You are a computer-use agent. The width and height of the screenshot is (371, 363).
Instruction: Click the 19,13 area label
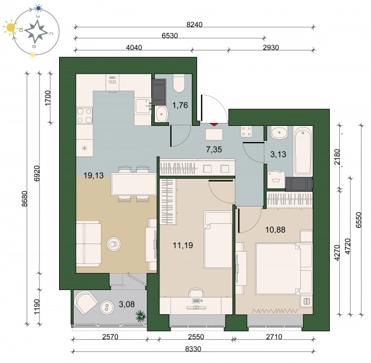tap(94, 175)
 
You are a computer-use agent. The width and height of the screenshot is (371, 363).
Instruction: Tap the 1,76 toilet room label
tap(180, 105)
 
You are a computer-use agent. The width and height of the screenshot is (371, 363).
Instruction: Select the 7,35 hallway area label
tap(214, 150)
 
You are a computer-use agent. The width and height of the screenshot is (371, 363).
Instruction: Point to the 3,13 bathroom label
tap(278, 154)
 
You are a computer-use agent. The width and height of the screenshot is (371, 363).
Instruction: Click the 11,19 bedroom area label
tap(183, 245)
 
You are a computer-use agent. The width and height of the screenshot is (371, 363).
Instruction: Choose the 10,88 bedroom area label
tap(275, 230)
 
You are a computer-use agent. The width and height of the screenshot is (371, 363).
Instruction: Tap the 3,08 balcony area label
tap(127, 304)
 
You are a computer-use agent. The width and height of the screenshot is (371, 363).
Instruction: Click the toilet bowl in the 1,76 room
tap(179, 84)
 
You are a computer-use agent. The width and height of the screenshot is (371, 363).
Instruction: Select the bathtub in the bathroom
tap(303, 151)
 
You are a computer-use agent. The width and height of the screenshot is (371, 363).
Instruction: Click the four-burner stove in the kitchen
tap(85, 115)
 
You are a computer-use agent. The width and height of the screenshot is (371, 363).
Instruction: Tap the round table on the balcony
tap(107, 308)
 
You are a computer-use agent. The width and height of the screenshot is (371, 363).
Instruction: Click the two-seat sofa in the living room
tap(88, 244)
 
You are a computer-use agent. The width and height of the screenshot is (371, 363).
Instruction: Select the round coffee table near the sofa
tap(114, 244)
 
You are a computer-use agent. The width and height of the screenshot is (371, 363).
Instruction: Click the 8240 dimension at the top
tap(195, 24)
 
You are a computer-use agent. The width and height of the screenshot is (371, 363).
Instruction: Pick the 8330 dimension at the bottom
tap(193, 349)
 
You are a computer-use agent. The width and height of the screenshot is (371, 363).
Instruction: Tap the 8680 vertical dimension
tap(24, 198)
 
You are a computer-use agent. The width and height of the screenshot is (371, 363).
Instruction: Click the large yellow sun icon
tap(10, 28)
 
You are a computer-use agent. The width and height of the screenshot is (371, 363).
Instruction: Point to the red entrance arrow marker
tap(214, 124)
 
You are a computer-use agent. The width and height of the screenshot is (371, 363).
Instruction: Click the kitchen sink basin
tap(143, 106)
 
